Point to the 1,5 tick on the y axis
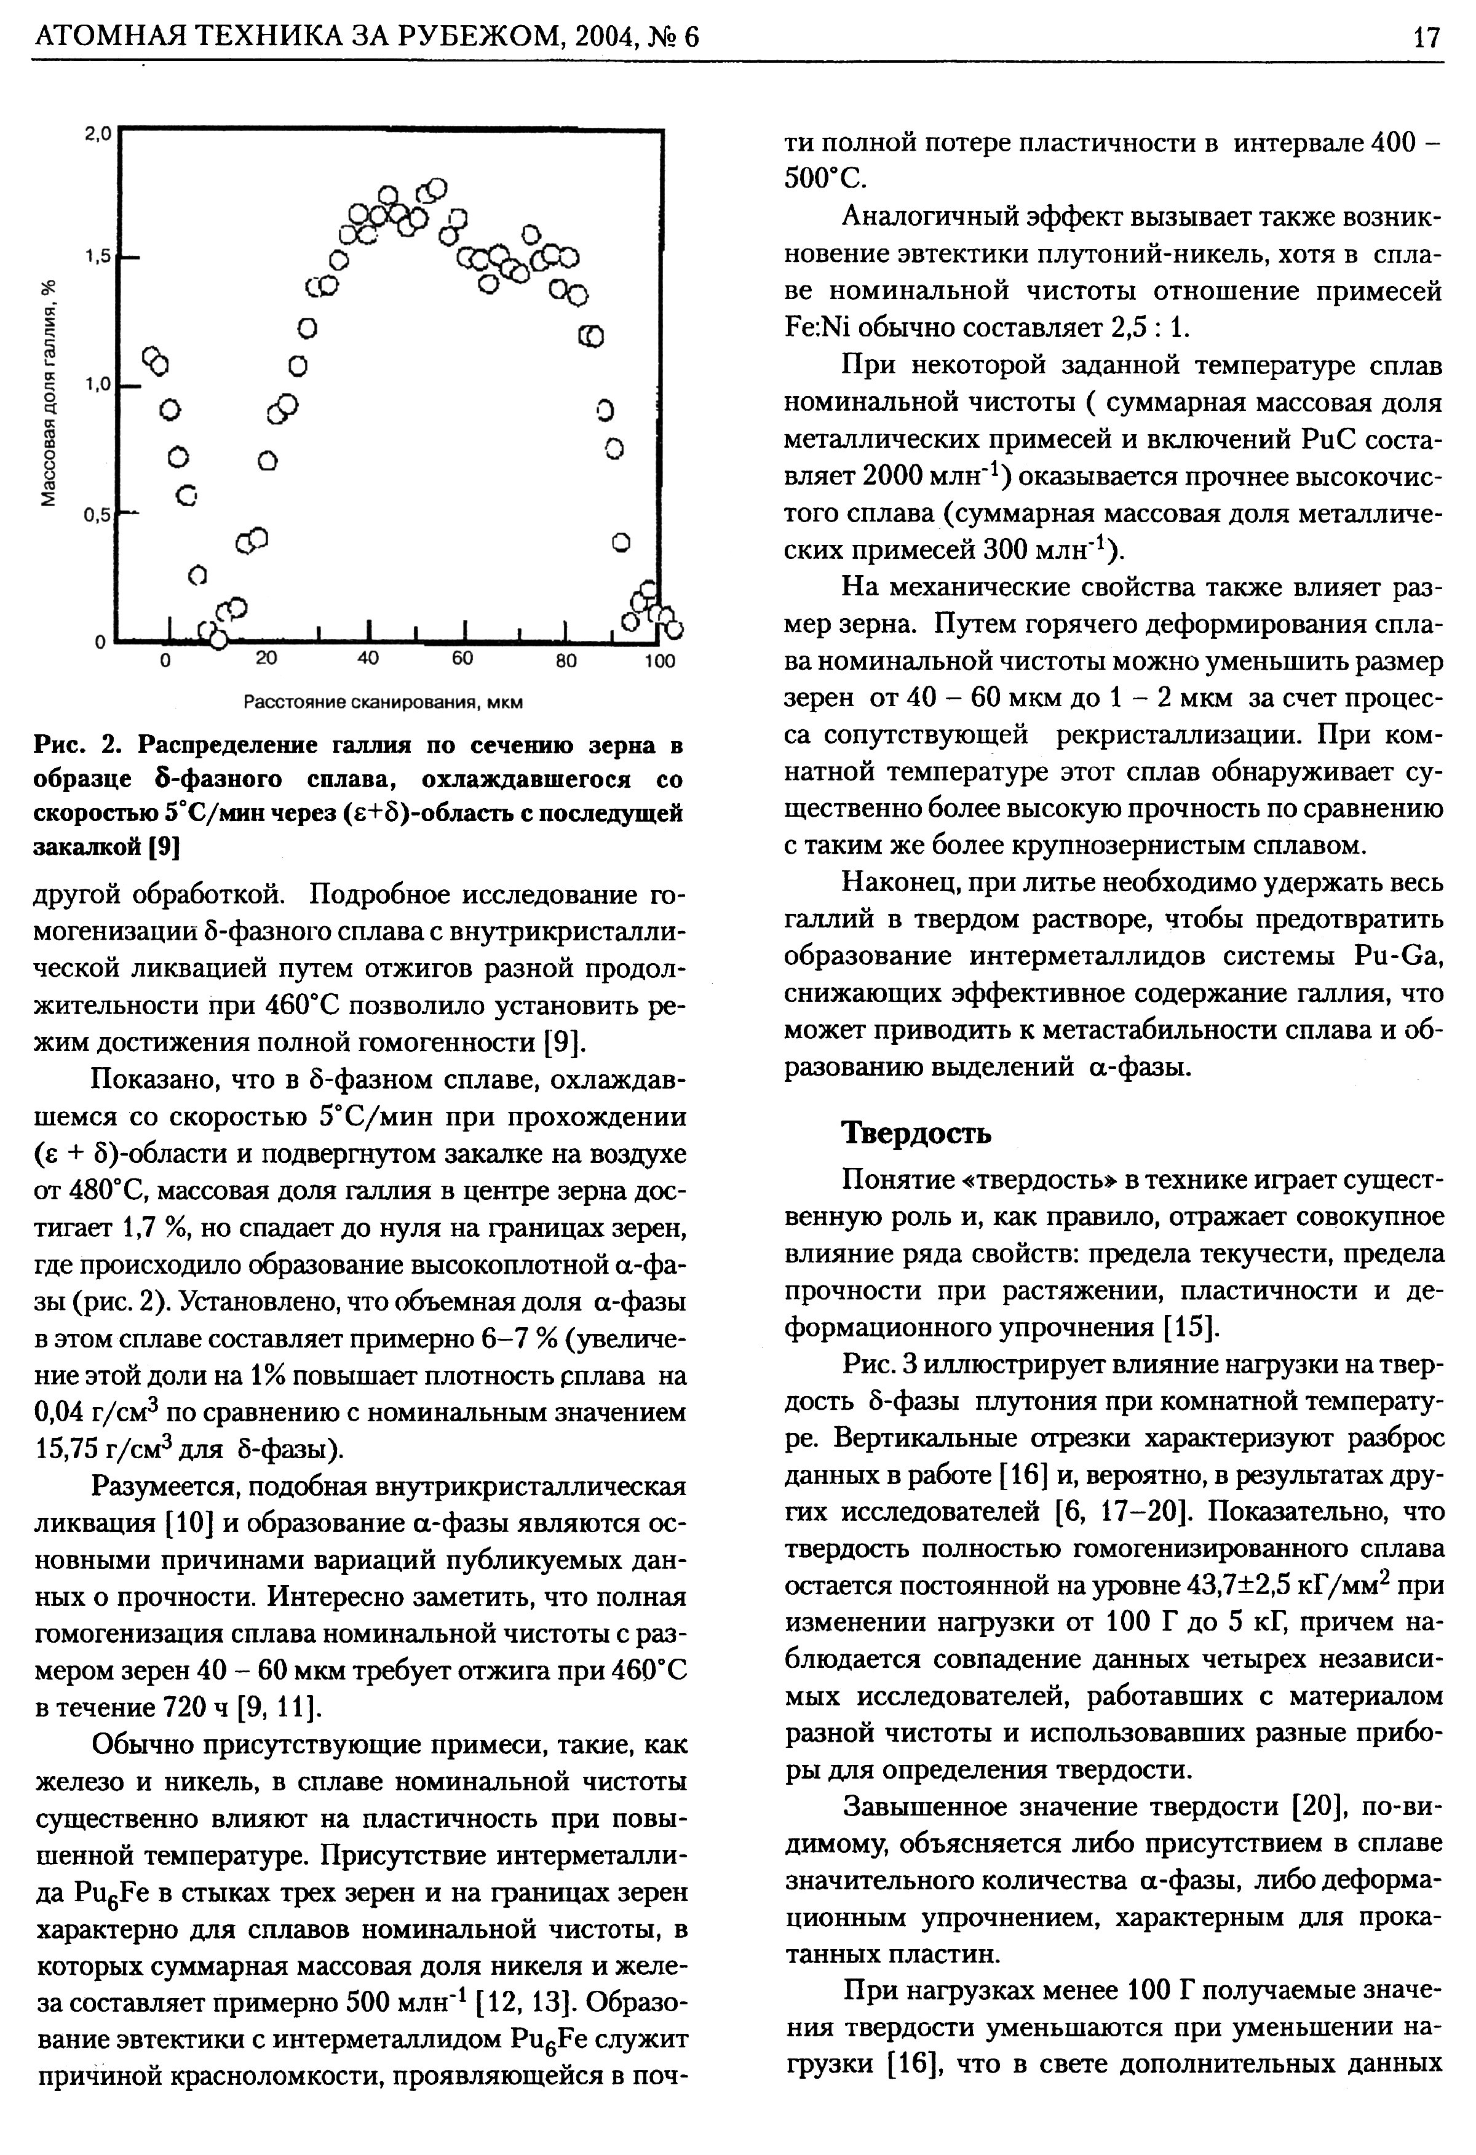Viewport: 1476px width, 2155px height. point(97,257)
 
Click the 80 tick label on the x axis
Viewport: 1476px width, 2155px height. point(566,661)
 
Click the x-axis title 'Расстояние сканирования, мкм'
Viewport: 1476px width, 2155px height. point(383,702)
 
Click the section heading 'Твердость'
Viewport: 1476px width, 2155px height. point(916,1133)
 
